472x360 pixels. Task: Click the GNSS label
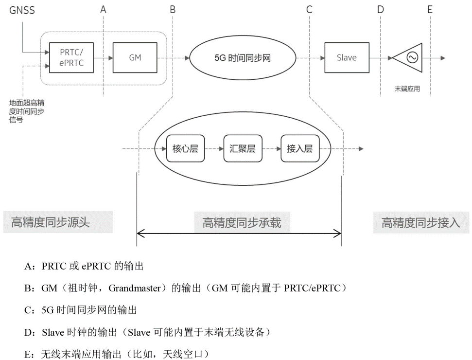click(22, 10)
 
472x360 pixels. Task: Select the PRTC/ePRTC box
click(71, 57)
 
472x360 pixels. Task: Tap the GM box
click(135, 57)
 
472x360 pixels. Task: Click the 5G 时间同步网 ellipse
click(243, 58)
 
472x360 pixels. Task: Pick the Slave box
click(347, 57)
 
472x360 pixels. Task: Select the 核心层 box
click(185, 149)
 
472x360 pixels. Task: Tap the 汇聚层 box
click(243, 149)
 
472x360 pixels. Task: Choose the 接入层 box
click(299, 149)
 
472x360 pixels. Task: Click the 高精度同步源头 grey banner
click(57, 223)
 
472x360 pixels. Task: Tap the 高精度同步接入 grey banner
click(421, 223)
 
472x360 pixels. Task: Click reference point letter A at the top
click(103, 10)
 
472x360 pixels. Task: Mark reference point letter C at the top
click(309, 10)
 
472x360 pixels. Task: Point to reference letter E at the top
click(430, 10)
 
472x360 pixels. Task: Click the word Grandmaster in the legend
click(134, 288)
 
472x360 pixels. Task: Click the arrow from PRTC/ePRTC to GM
click(103, 58)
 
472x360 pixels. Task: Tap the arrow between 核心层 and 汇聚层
click(214, 149)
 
